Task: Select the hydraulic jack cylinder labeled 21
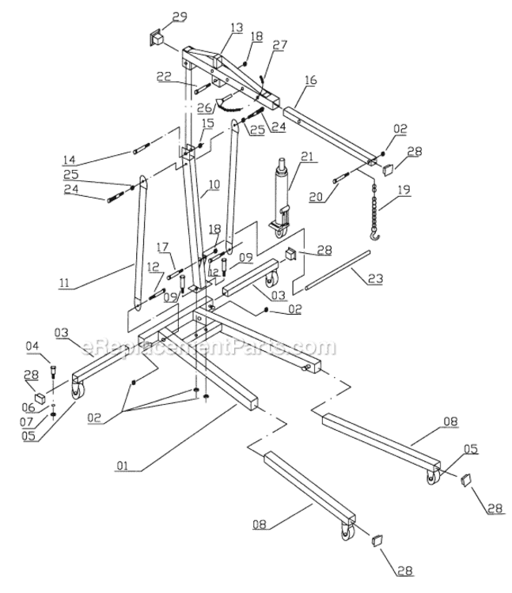pyautogui.click(x=279, y=190)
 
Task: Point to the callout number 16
pyautogui.click(x=309, y=81)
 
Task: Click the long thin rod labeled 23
pyautogui.click(x=333, y=269)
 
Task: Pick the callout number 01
pyautogui.click(x=122, y=466)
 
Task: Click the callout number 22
pyautogui.click(x=164, y=76)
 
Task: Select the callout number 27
pyautogui.click(x=279, y=46)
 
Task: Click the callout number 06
pyautogui.click(x=28, y=407)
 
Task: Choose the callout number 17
pyautogui.click(x=162, y=246)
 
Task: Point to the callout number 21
pyautogui.click(x=307, y=156)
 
